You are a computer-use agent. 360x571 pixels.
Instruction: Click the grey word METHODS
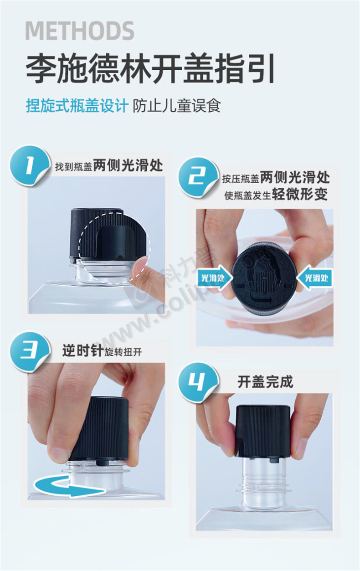pos(80,31)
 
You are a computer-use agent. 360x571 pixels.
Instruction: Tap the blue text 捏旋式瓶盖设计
pos(77,106)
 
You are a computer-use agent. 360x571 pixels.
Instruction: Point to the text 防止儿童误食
pos(176,106)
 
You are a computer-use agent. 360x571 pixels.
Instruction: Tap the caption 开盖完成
pos(265,381)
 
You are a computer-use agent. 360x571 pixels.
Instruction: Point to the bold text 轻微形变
pos(300,195)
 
